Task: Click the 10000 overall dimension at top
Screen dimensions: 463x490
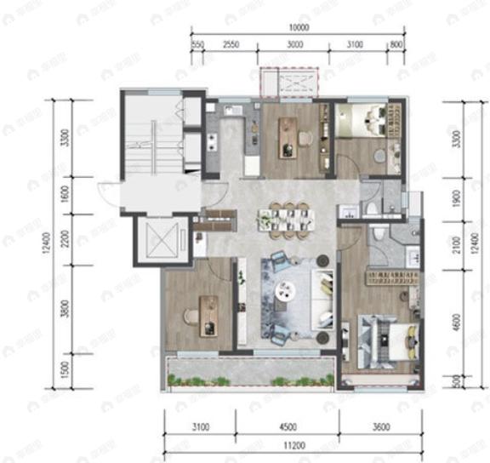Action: point(298,27)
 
